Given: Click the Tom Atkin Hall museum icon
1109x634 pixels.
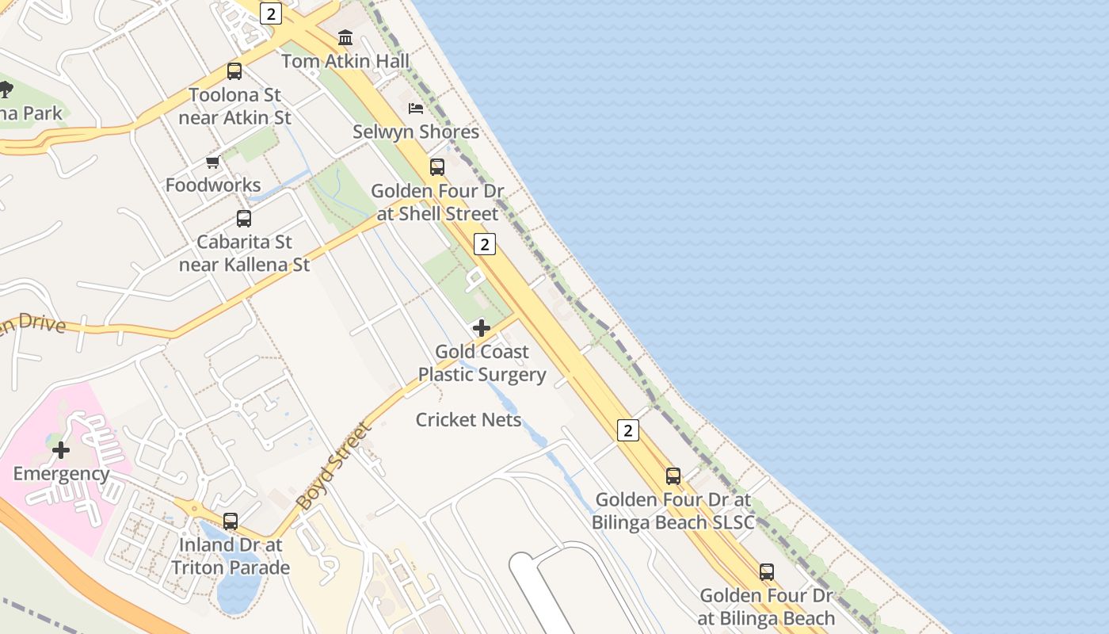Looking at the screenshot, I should click(x=345, y=37).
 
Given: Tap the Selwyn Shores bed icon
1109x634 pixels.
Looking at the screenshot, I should click(x=416, y=109).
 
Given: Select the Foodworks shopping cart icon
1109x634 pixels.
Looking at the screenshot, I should click(x=212, y=162).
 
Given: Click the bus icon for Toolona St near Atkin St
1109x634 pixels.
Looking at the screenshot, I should click(x=234, y=71).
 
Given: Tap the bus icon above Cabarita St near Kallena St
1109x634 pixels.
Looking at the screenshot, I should click(x=244, y=219).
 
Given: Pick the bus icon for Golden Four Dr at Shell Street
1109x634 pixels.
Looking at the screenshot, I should click(x=437, y=167).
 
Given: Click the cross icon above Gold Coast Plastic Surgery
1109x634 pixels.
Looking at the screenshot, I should click(x=481, y=328).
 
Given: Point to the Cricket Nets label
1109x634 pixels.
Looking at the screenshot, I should click(x=468, y=420).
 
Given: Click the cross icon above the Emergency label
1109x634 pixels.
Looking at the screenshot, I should click(x=61, y=451).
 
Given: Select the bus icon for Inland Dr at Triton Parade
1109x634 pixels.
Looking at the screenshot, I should click(x=231, y=521).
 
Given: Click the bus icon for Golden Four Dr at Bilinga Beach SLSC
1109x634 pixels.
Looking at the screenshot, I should click(x=673, y=476).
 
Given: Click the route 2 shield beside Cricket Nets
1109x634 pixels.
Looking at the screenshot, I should click(x=627, y=430).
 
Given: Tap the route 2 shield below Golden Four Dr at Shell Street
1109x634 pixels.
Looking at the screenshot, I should click(x=485, y=244).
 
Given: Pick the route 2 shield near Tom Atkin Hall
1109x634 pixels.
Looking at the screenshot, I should click(x=272, y=13).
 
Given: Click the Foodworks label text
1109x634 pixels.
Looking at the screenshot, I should click(x=213, y=185).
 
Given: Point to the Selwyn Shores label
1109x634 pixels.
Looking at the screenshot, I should click(x=416, y=132).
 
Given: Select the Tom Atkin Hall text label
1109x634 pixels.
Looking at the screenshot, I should click(x=345, y=61).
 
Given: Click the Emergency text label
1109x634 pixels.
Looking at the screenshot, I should click(x=61, y=474).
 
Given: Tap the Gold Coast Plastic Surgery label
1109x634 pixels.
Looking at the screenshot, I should click(x=482, y=363).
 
